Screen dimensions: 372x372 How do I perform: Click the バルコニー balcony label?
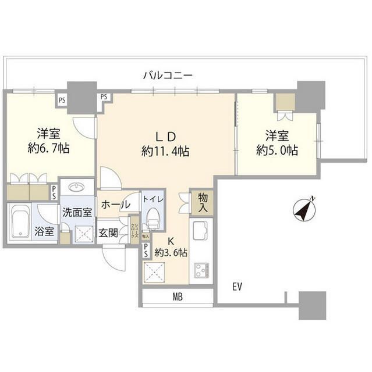[169, 75]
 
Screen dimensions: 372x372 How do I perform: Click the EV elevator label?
[237, 287]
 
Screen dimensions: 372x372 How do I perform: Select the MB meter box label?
[178, 298]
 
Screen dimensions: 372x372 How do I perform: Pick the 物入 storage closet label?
[203, 202]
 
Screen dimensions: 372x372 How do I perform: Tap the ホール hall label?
[115, 205]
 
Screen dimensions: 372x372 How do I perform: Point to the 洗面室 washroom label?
[77, 212]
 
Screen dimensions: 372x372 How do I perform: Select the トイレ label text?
[154, 199]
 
